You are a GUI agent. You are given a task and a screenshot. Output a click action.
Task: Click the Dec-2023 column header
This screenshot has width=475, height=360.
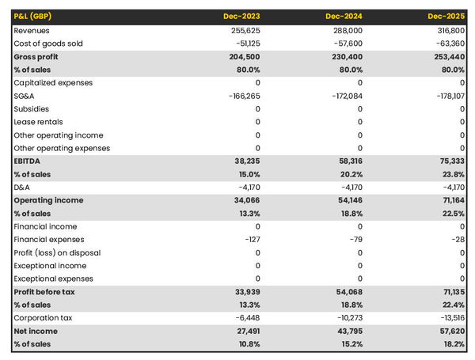click(242, 17)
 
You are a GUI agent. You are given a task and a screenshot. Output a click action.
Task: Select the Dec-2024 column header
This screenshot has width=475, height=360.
click(345, 17)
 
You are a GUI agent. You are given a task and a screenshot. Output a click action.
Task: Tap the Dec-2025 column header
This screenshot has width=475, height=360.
click(447, 17)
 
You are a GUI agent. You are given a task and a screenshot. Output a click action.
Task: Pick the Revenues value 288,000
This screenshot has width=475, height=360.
click(347, 30)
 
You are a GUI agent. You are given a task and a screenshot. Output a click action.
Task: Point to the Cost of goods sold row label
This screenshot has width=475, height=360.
click(48, 44)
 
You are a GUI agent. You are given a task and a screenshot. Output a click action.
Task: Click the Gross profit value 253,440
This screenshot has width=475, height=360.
click(449, 57)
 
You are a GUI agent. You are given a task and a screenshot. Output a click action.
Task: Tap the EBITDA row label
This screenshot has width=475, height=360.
click(28, 161)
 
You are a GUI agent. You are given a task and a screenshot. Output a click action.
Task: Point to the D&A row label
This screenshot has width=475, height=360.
click(23, 188)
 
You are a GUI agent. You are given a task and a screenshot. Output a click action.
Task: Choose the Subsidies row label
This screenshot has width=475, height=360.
click(31, 109)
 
